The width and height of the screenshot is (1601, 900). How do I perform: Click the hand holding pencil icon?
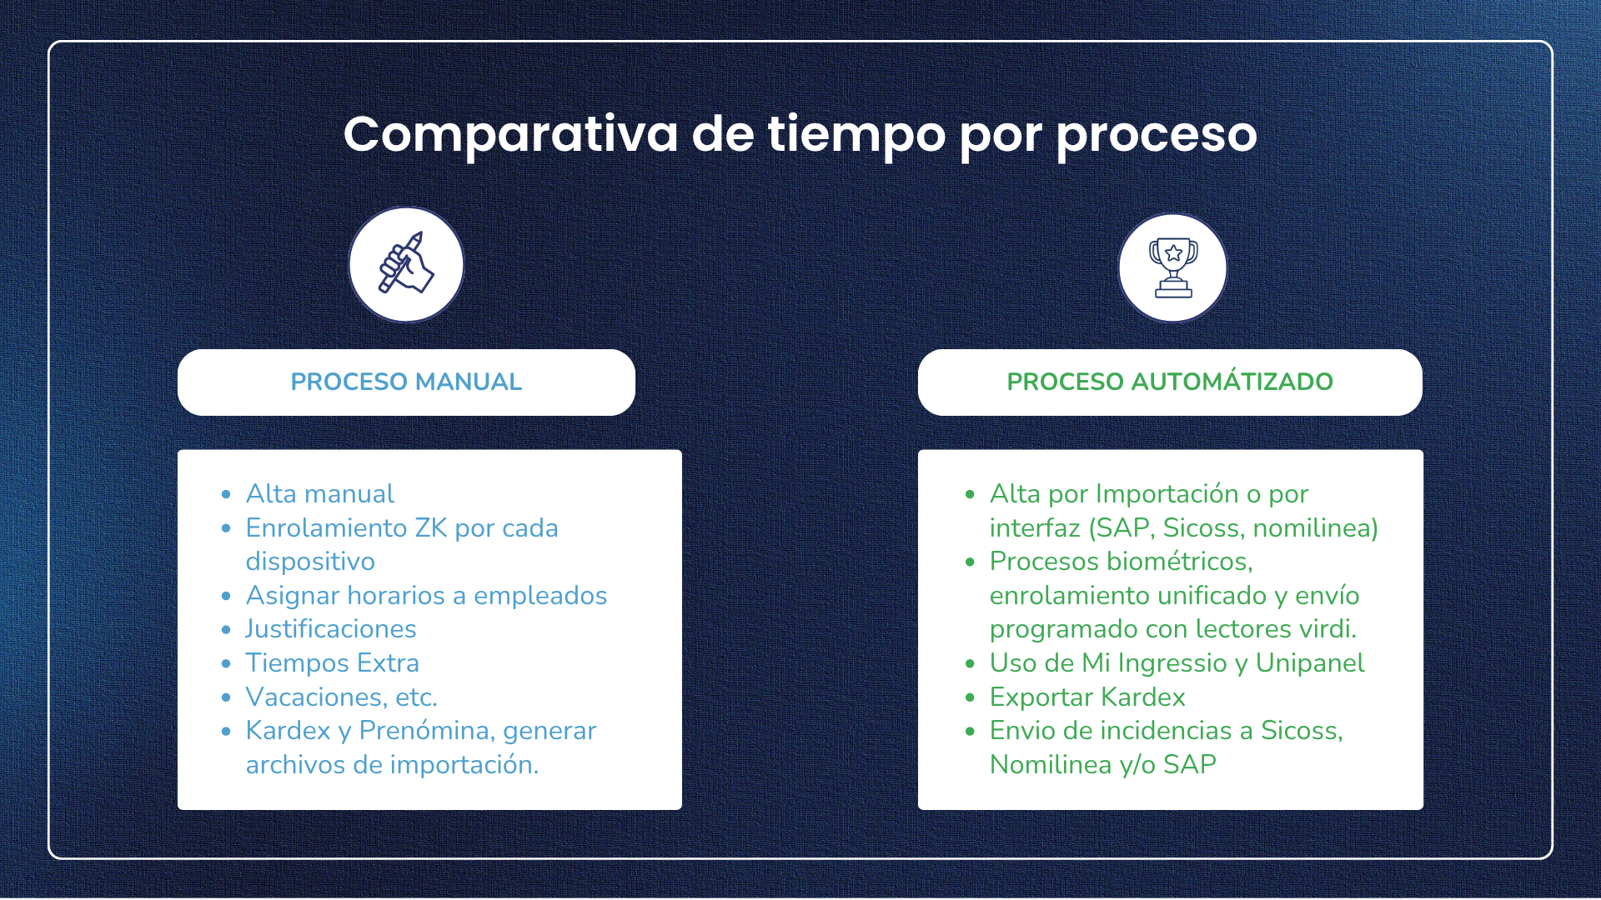coord(406,265)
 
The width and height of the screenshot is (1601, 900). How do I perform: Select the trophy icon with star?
coord(1172,267)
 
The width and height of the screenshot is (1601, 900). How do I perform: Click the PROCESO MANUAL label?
coord(406,382)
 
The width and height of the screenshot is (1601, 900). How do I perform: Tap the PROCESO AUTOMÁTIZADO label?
coord(1169,382)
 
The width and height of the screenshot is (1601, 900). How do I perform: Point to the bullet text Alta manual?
coord(319,494)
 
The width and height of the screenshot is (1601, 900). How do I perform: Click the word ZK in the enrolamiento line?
coord(430,528)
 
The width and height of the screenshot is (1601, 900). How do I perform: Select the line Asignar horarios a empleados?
coord(426,596)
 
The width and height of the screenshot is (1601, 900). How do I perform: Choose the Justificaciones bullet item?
coord(330,629)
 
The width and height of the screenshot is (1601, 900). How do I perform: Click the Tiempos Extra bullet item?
coord(332,663)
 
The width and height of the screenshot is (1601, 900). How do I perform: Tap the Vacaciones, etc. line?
coord(341,697)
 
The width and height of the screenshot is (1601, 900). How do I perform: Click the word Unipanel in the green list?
coord(1309,663)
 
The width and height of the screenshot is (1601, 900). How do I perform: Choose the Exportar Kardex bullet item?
coord(1087,697)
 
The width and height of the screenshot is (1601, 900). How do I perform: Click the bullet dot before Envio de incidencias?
coord(970,732)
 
